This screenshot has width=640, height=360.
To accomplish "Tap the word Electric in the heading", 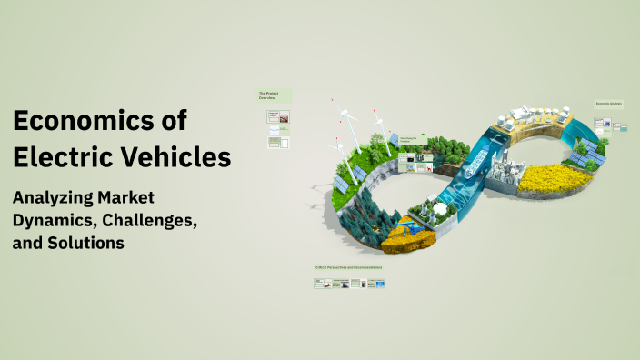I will click(x=65, y=156).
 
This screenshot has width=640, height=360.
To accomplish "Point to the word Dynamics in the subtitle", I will click(x=53, y=221).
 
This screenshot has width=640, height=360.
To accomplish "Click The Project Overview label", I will click(x=271, y=95).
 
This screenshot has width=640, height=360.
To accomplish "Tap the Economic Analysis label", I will click(x=608, y=104).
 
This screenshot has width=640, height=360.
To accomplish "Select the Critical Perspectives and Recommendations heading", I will click(x=350, y=268).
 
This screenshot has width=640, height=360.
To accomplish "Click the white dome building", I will click(x=442, y=208).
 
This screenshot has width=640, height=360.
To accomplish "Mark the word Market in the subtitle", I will click(x=127, y=197).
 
